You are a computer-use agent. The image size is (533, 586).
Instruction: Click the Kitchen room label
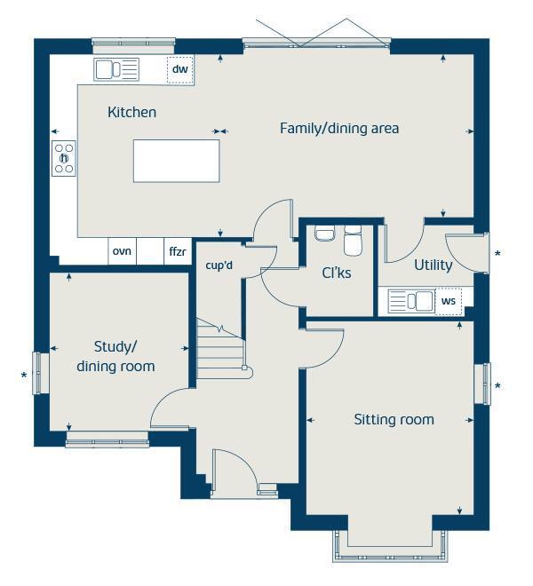click(131, 113)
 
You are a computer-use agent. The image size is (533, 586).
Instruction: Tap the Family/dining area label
click(339, 129)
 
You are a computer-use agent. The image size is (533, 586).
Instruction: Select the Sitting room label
click(394, 419)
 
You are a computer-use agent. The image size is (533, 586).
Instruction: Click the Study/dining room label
click(115, 356)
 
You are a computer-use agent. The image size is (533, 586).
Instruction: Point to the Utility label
click(434, 265)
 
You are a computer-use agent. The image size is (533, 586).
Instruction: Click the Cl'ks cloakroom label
click(336, 273)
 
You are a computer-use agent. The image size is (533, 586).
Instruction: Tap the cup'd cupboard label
click(219, 265)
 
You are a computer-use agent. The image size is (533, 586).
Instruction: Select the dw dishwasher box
click(179, 69)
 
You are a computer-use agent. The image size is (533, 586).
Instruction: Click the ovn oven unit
click(122, 252)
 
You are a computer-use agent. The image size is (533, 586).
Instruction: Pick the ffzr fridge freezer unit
click(178, 252)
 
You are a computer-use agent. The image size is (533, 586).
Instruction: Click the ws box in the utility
click(449, 302)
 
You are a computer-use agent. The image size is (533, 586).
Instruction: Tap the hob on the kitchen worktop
click(64, 159)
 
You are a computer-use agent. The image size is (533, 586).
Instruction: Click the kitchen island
click(174, 160)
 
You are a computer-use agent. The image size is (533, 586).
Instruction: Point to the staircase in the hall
click(219, 349)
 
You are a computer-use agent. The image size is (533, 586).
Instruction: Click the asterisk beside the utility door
click(497, 255)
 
